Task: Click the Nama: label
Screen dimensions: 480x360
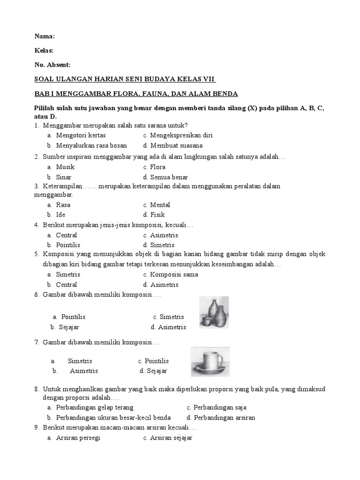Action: click(45, 37)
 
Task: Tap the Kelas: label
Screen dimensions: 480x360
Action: click(45, 51)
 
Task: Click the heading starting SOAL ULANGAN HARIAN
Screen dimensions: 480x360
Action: click(126, 79)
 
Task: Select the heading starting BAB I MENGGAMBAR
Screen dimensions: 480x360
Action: click(136, 94)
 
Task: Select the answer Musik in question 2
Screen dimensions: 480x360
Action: click(65, 167)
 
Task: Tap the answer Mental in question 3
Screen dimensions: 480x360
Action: click(160, 205)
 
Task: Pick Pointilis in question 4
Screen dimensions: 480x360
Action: click(68, 245)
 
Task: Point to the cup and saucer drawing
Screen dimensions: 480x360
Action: click(210, 362)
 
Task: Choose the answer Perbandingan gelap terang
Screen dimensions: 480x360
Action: click(95, 408)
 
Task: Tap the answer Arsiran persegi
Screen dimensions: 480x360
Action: click(78, 438)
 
